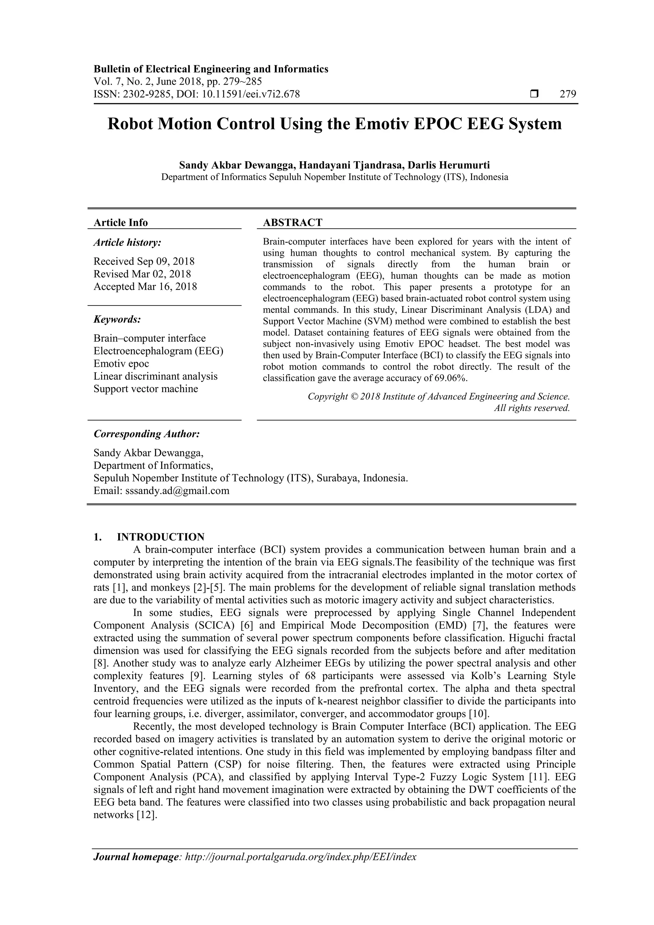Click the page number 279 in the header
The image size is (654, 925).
568,94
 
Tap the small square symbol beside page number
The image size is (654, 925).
534,94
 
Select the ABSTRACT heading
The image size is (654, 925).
293,222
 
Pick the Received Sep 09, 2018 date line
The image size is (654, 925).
144,262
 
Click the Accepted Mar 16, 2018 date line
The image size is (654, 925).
145,286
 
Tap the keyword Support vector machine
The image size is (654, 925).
146,389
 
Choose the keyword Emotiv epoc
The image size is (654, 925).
121,363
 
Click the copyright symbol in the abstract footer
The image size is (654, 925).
354,397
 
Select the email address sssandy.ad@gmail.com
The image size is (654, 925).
177,491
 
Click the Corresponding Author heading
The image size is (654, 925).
147,434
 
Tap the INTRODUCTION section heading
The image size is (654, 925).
160,537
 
